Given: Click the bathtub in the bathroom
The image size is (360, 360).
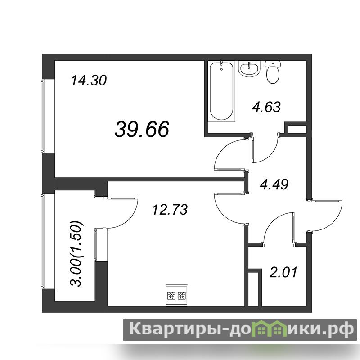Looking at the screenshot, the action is (222, 91).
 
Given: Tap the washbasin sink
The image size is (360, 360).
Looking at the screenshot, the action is (249, 69).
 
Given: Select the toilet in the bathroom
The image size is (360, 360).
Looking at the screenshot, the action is (273, 72).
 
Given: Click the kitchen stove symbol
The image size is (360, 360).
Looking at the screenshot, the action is (176, 296).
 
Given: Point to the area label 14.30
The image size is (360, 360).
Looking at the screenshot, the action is (89, 81).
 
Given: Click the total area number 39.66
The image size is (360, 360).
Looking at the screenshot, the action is (142, 129).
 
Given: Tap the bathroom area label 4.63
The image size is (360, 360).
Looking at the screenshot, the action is (266, 107).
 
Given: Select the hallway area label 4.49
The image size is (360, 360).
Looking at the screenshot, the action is (274, 184).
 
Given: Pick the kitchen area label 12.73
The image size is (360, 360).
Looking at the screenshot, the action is (170, 209).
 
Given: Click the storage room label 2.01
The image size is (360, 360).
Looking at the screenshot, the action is (283, 272).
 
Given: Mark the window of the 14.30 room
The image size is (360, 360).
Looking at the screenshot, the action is (42, 116).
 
